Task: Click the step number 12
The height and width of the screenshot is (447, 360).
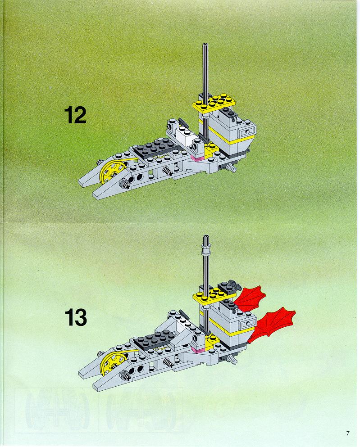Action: coord(75,115)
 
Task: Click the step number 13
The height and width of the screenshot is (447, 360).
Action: coord(76,317)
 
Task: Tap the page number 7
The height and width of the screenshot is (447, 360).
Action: coord(348,433)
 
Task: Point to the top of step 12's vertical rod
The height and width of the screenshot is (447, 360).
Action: coord(205,45)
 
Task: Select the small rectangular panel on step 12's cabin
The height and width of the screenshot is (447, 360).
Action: coord(246,132)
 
